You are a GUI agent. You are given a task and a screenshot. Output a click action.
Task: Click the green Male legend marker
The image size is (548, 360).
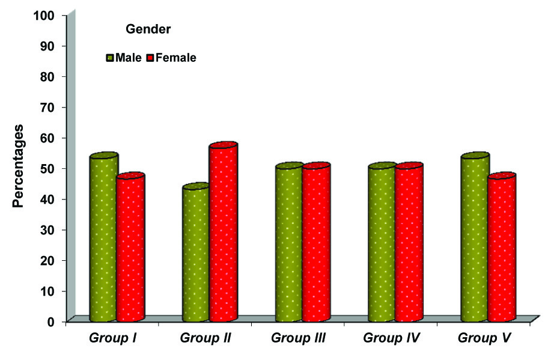[110, 58]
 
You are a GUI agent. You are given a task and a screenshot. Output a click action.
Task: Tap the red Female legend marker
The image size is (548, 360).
[150, 58]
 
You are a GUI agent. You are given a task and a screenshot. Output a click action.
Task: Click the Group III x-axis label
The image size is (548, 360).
[298, 337]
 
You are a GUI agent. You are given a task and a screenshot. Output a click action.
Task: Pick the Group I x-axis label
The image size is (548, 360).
[112, 337]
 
